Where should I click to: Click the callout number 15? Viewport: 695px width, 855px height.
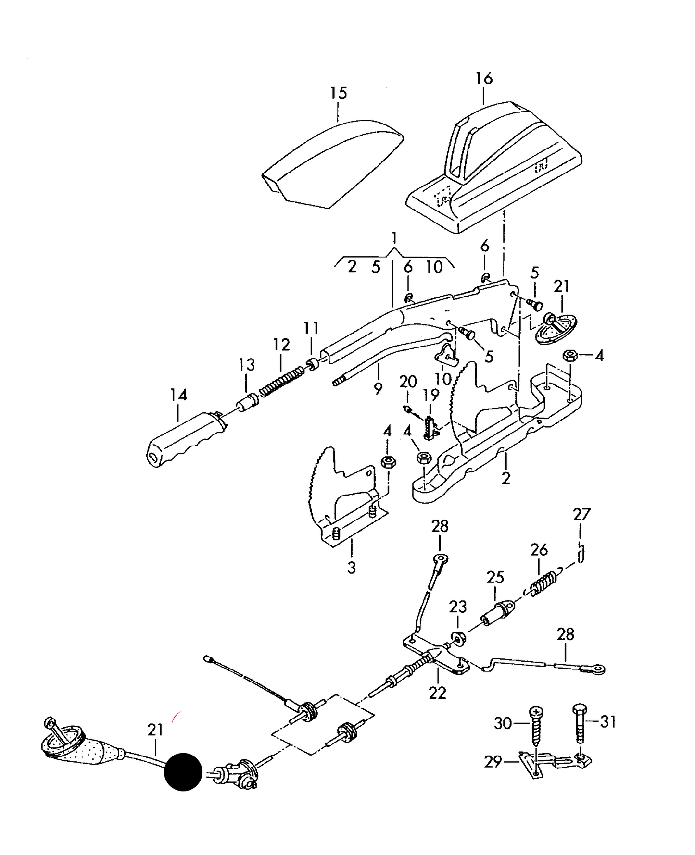tap(338, 93)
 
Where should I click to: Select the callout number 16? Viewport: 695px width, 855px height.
tap(484, 78)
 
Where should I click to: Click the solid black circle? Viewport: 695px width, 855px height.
tap(183, 772)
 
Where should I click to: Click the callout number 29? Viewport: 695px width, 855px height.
tap(493, 762)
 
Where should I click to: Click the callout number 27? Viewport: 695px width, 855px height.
tap(581, 515)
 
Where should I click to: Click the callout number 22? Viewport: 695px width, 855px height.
tap(437, 693)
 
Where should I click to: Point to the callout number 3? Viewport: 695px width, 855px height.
tap(352, 568)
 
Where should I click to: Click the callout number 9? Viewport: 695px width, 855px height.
tap(378, 388)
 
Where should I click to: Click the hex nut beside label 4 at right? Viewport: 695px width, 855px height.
tap(570, 356)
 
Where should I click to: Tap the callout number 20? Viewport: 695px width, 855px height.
tap(408, 382)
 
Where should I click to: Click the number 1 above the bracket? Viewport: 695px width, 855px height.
tap(394, 238)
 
